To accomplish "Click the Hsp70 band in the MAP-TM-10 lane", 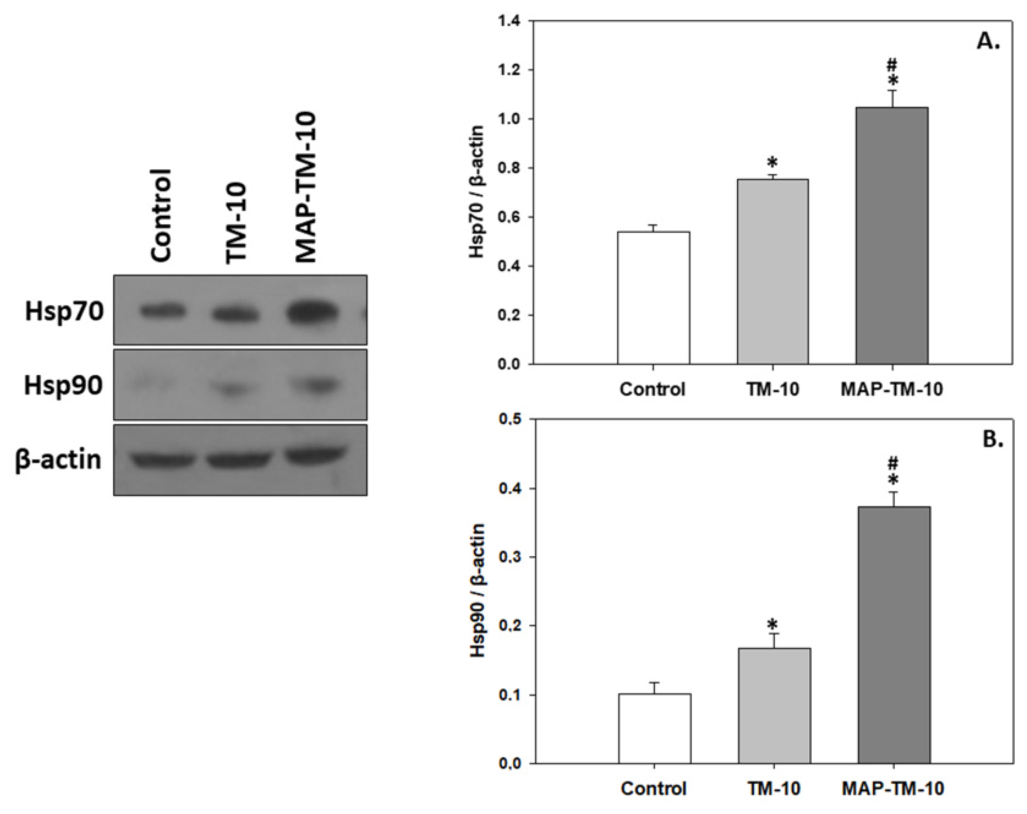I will [x=312, y=313].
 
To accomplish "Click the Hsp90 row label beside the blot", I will [x=63, y=386].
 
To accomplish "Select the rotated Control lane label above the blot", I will [x=161, y=215].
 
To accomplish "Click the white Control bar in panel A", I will [x=654, y=298].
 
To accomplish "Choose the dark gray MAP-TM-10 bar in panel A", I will [x=892, y=236].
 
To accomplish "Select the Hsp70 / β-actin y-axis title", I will [x=477, y=192].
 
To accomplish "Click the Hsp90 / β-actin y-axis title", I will [x=477, y=591].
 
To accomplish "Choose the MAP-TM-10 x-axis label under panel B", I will [x=893, y=788].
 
